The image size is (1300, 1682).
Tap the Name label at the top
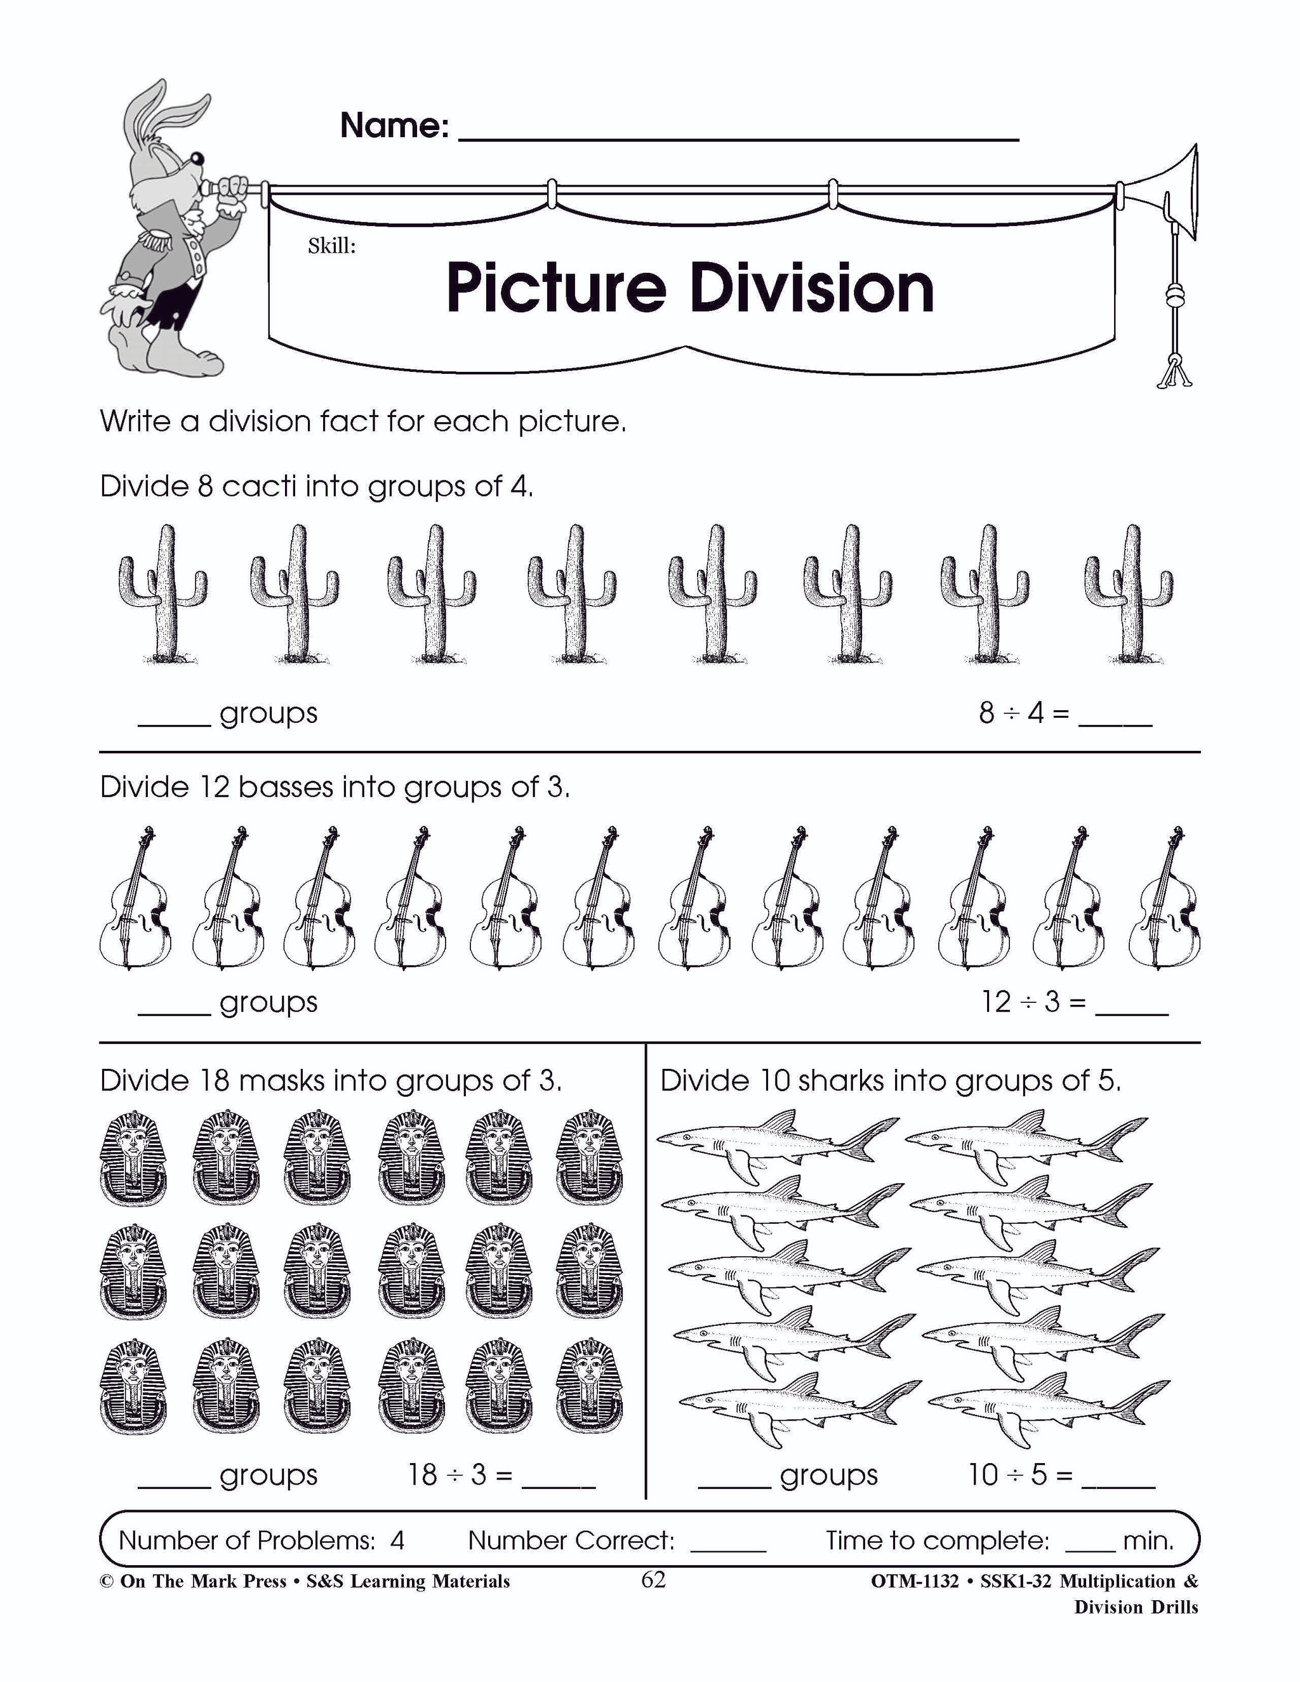(x=394, y=125)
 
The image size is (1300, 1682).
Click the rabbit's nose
(x=197, y=159)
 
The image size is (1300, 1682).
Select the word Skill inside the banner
(x=331, y=246)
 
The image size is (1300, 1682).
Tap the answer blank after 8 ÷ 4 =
(x=1115, y=716)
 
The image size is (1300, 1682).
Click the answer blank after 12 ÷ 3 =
(x=1131, y=1005)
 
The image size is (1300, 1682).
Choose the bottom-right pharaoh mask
(x=589, y=1386)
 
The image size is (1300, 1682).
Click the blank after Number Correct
(x=728, y=1542)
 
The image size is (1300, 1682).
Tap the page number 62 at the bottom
(x=653, y=1580)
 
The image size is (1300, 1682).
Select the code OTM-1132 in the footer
(x=914, y=1581)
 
